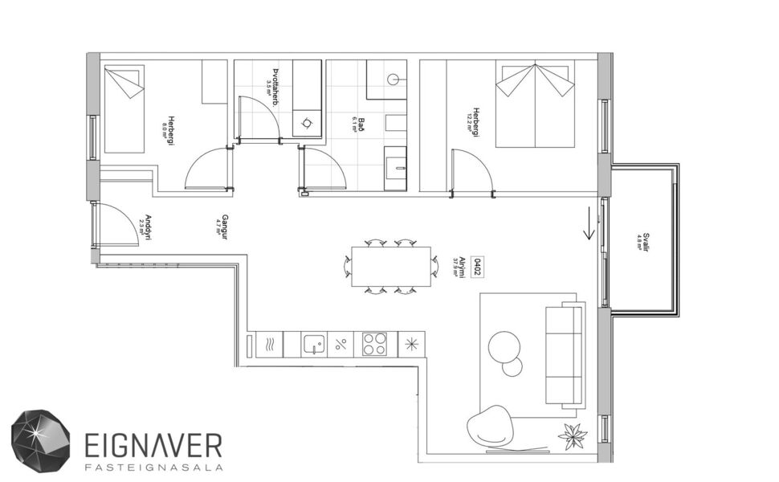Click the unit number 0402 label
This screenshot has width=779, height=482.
[x=476, y=266]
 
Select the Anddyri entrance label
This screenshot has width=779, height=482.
[x=146, y=228]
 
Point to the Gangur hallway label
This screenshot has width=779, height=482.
[x=224, y=226]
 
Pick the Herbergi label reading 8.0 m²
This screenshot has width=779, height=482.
[x=169, y=125]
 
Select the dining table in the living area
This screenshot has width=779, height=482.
[x=391, y=266]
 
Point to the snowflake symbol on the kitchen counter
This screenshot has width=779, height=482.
[x=411, y=344]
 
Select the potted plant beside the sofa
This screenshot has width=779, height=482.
[x=573, y=435]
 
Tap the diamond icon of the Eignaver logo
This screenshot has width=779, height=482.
[x=40, y=440]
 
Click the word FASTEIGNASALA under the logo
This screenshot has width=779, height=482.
[x=153, y=466]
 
